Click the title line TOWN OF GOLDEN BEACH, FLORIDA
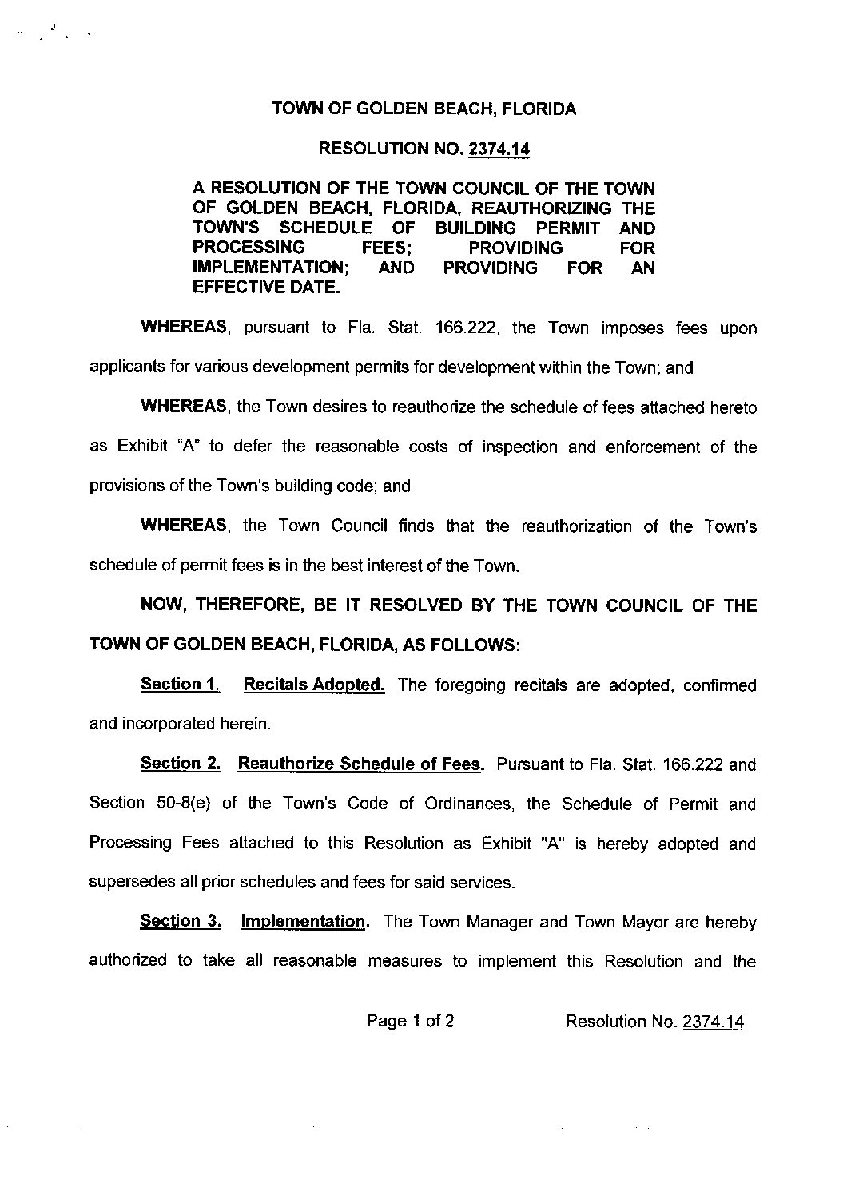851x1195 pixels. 424,109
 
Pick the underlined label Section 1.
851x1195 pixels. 179,684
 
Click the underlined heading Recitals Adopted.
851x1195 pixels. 313,684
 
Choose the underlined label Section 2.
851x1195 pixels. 180,764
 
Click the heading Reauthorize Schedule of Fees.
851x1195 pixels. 361,764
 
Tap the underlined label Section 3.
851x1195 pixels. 180,921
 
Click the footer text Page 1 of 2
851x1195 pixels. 411,1021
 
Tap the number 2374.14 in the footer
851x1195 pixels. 714,1022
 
